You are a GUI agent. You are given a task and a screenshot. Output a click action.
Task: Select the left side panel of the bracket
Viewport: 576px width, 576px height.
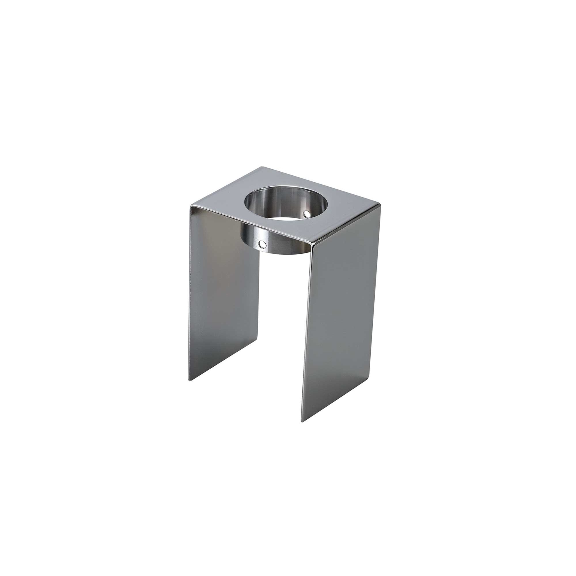pos(223,283)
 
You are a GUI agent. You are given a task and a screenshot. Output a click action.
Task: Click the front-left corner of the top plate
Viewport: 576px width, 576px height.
pos(191,205)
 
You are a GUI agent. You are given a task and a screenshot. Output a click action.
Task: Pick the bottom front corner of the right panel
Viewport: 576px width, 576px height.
pos(302,422)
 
